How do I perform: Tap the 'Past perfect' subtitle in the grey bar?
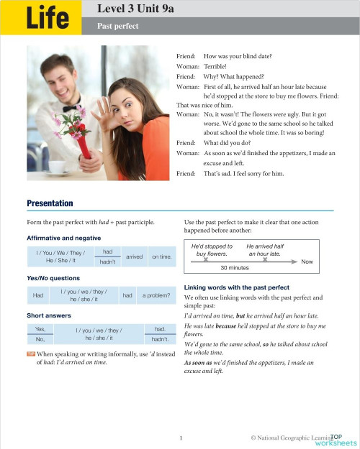[x=118, y=26]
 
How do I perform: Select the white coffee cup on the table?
[x=58, y=167]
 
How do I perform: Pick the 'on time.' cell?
[x=162, y=256]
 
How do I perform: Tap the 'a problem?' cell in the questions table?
[x=156, y=296]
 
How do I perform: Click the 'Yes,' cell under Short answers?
[x=40, y=328]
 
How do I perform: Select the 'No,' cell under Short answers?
[x=40, y=338]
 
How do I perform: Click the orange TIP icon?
[x=30, y=354]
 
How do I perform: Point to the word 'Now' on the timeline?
[x=307, y=261]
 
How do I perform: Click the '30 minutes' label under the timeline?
[x=234, y=268]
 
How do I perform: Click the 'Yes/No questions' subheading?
[x=53, y=278]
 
